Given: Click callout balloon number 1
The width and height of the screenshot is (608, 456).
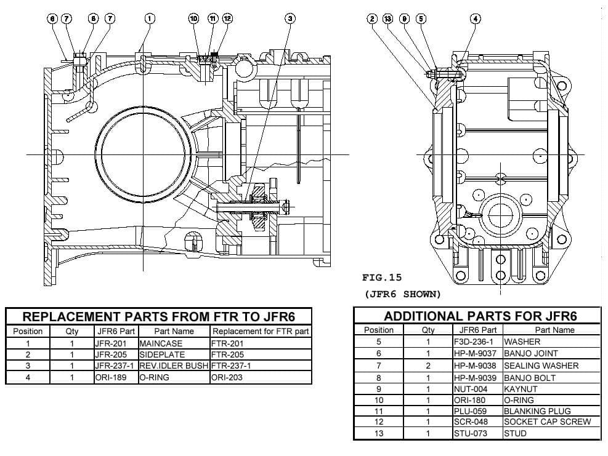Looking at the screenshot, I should [149, 18].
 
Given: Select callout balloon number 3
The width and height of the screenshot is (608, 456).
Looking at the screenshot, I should [290, 18].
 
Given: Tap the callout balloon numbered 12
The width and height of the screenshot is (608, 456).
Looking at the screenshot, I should [227, 18].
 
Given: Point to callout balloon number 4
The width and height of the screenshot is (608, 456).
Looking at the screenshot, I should [476, 18].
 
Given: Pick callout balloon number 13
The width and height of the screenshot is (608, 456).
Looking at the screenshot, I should [387, 18].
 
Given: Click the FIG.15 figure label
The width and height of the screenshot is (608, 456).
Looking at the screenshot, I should [382, 278].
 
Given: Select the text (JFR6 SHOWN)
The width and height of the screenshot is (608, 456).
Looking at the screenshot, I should [402, 294].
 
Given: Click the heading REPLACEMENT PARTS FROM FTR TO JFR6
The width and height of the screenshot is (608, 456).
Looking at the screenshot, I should [158, 317].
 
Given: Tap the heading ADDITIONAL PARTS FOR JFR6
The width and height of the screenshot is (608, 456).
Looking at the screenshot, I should [480, 316].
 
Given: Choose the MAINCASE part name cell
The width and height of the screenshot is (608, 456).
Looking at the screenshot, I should [161, 344].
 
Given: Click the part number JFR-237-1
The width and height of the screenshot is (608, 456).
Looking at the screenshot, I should [115, 366].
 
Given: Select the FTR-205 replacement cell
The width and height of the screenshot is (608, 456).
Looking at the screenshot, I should [227, 355].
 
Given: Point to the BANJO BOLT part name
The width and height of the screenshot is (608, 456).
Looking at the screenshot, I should [530, 377].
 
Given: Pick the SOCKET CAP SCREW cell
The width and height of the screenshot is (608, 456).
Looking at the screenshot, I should [547, 422].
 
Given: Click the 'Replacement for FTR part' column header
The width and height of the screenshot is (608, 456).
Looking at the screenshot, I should [260, 332].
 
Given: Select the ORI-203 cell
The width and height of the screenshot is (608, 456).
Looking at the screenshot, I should [227, 377].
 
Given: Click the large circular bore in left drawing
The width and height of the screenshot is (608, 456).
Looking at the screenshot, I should [143, 153].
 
